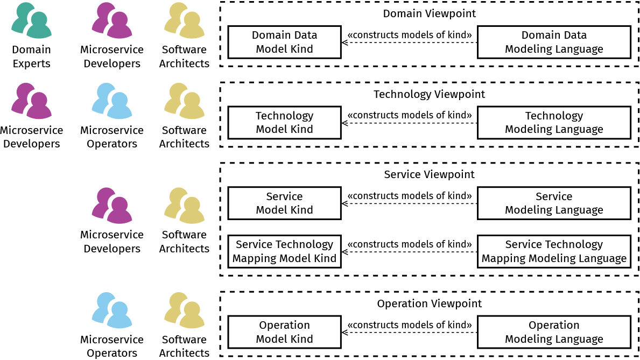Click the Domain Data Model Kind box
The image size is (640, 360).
[284, 42]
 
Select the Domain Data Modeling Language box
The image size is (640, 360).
[554, 42]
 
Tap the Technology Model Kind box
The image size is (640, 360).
[284, 122]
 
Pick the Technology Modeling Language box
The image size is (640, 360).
[554, 122]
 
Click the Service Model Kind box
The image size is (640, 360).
[284, 203]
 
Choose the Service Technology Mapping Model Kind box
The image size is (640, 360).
[284, 251]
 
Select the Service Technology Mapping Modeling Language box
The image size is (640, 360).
[554, 251]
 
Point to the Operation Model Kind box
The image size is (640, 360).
[284, 332]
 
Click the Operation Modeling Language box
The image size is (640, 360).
[554, 332]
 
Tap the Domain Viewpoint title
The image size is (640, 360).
[430, 13]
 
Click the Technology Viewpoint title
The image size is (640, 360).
[430, 94]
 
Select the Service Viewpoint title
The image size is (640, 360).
[430, 174]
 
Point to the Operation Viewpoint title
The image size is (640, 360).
[430, 303]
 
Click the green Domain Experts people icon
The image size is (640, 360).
[31, 20]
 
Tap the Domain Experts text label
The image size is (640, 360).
[31, 57]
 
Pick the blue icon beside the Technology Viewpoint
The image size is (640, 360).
[111, 101]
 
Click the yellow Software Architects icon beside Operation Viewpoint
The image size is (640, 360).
[184, 310]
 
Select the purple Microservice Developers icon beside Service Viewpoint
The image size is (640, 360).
[111, 206]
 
